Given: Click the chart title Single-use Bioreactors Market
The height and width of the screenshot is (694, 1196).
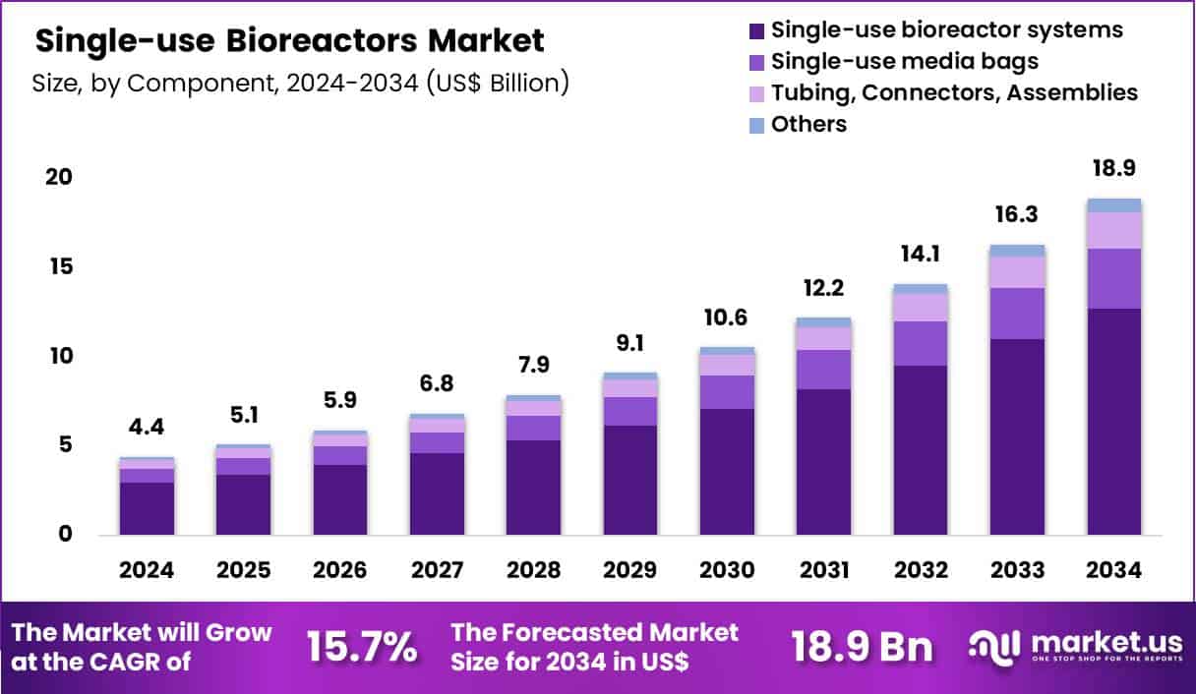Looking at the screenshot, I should coord(289,41).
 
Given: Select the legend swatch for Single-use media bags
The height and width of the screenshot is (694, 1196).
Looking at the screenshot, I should coord(756,62).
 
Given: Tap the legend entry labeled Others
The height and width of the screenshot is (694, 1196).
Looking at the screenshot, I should coord(808,125).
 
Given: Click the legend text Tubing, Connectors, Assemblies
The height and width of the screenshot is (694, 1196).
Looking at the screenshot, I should coord(954,93).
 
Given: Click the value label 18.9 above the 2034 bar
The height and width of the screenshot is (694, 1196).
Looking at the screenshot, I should coord(1114,169).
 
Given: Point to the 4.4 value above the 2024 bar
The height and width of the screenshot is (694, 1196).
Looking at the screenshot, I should coord(148,429).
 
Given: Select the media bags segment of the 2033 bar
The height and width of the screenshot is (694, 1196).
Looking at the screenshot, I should coord(1017,314).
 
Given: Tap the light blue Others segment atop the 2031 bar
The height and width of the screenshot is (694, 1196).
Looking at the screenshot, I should coord(823,322).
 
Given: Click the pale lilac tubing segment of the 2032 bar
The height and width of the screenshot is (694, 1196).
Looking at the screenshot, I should coord(921,308).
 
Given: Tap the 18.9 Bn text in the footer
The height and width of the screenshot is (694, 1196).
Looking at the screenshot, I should coord(862,647).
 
